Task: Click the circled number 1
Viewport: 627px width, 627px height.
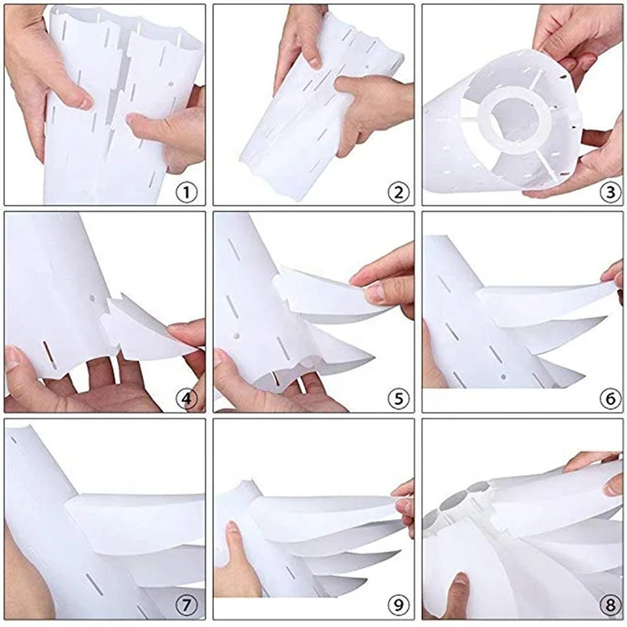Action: [x=186, y=193]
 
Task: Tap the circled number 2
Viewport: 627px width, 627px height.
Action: [x=398, y=193]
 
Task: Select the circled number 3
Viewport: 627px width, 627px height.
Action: [x=610, y=193]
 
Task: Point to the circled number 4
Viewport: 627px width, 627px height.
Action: [x=186, y=399]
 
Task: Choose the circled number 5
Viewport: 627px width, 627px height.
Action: [x=398, y=399]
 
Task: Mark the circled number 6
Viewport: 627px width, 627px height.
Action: [x=610, y=399]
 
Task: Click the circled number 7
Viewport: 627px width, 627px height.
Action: [x=186, y=605]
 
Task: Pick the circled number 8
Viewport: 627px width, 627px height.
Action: [x=610, y=605]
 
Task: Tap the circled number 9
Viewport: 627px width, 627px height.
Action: [x=398, y=605]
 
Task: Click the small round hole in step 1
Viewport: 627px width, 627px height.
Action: [x=171, y=84]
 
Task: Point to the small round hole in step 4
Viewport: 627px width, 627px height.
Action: [x=93, y=298]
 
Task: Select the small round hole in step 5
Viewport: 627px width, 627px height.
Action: [x=237, y=336]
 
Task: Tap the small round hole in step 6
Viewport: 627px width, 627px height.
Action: [x=503, y=376]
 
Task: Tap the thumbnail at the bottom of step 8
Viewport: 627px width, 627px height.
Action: [x=461, y=579]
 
